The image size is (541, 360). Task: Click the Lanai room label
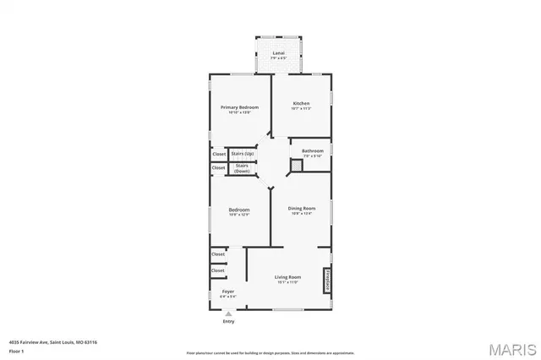278,53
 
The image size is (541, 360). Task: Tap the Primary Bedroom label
239,107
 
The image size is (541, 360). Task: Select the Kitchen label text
301,103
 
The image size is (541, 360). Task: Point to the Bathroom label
312,150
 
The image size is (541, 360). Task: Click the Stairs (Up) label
243,154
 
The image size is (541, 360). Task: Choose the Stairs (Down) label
242,168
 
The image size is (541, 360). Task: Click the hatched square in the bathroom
297,166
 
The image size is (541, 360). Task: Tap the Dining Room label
301,208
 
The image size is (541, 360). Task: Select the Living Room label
287,277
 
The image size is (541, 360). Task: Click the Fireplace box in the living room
325,281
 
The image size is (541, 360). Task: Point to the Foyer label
227,292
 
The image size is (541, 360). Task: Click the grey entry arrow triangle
227,314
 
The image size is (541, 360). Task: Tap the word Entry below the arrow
227,321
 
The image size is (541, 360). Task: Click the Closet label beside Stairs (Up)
219,154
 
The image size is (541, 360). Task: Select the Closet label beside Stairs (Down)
219,167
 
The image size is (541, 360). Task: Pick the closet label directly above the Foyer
218,270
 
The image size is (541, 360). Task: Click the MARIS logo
510,346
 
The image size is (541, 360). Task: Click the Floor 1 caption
16,350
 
